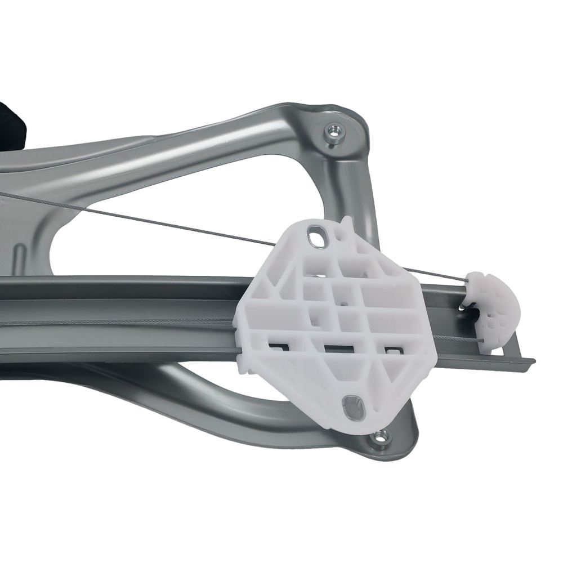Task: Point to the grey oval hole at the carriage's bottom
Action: pyautogui.click(x=354, y=406)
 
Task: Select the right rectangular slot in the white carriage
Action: pyautogui.click(x=392, y=350)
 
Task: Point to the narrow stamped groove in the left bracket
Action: pyautogui.click(x=19, y=259)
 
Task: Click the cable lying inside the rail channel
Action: pyautogui.click(x=113, y=322)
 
